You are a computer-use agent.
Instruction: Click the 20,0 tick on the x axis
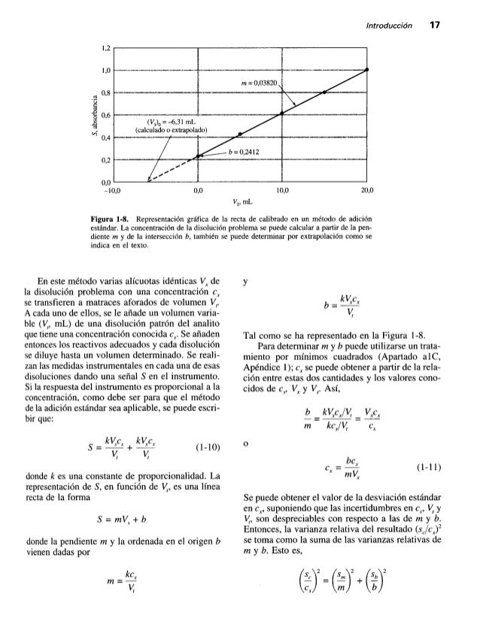[x=366, y=191]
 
